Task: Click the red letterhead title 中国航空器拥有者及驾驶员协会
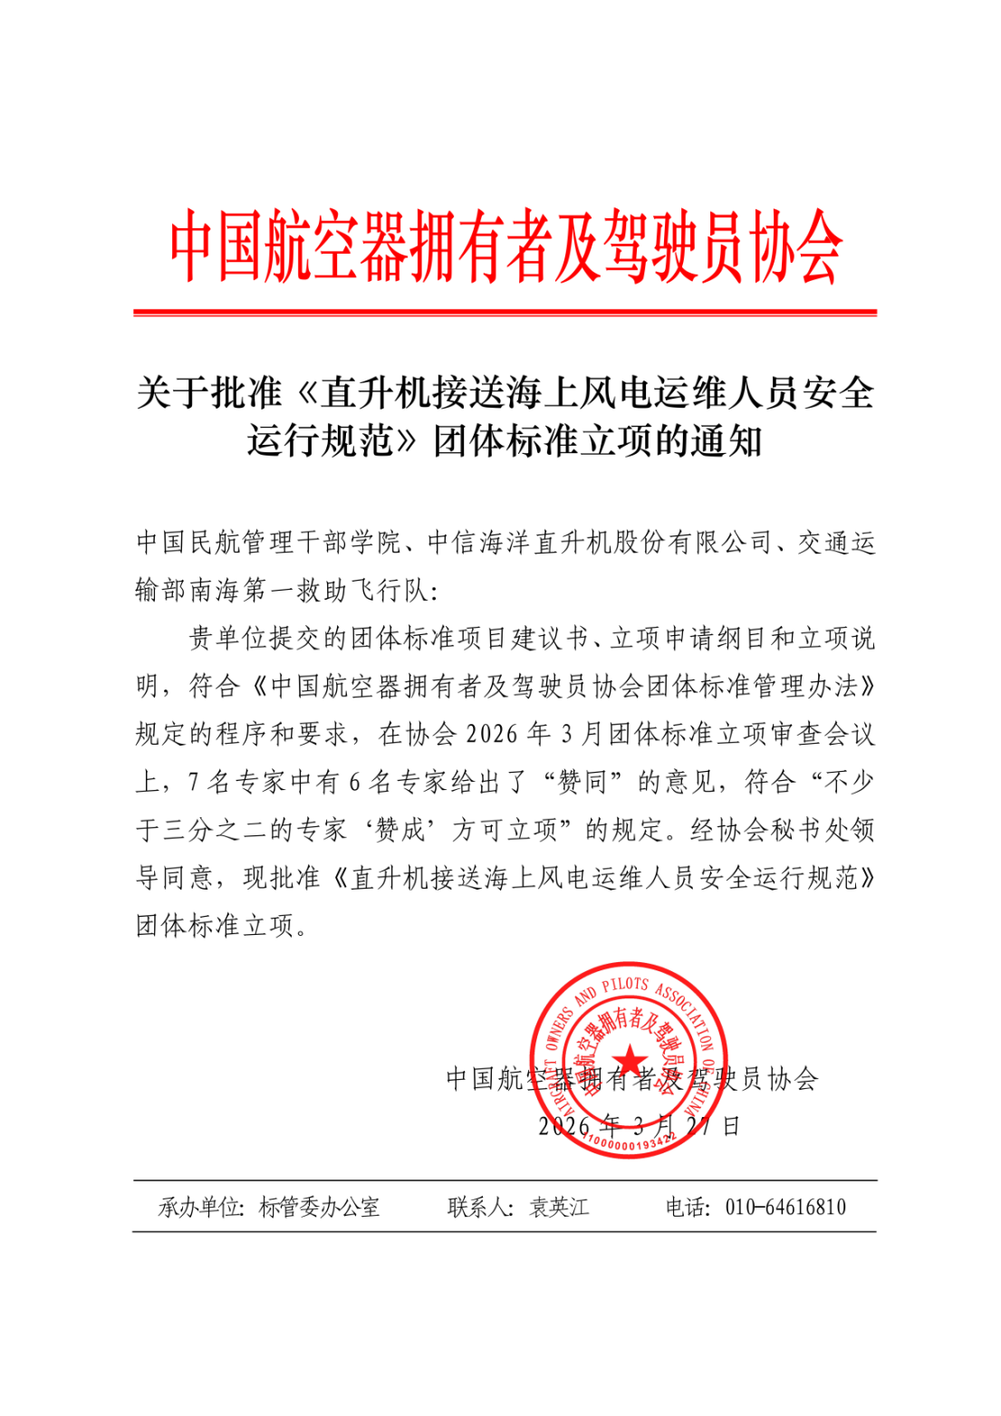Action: pos(505,246)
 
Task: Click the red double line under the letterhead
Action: pos(505,313)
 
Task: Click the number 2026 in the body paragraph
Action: pos(492,734)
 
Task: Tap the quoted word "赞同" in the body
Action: pos(581,782)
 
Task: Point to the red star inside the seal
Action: pos(629,1059)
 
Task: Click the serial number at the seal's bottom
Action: pos(629,1144)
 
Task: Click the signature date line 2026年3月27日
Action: pos(639,1126)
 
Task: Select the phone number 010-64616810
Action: pos(785,1207)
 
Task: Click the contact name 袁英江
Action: pos(559,1207)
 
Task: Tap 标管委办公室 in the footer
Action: pos(319,1207)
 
